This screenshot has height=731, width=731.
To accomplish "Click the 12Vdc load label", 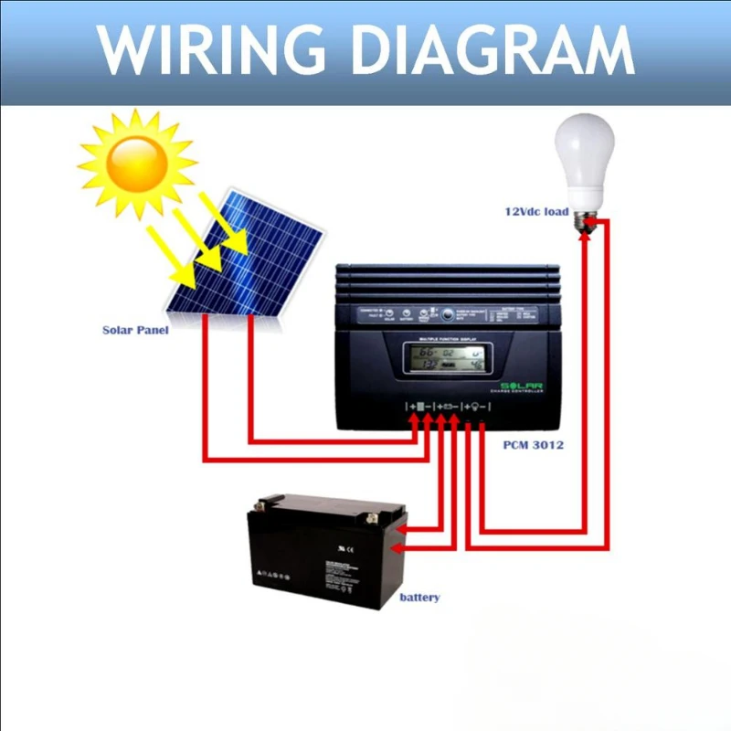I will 537,212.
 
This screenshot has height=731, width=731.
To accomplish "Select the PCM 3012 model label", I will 534,446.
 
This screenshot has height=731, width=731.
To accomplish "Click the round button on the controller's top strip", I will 448,314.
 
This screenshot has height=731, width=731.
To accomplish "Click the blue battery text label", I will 419,598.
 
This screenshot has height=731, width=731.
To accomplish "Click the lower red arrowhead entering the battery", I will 397,547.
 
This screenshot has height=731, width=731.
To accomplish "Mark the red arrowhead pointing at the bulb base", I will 593,222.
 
